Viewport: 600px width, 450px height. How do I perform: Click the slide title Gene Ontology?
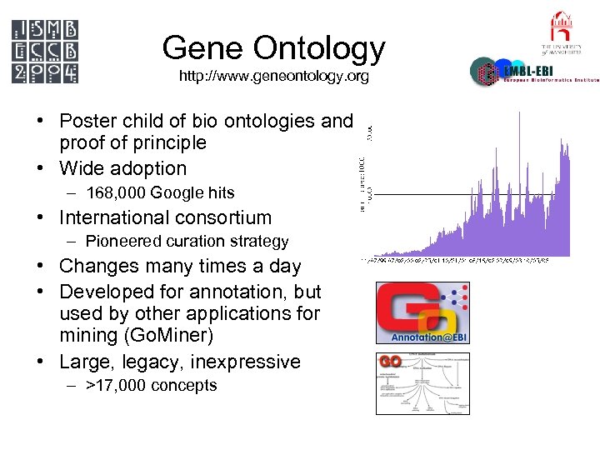(273, 48)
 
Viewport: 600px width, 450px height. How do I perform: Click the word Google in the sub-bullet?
(182, 193)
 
